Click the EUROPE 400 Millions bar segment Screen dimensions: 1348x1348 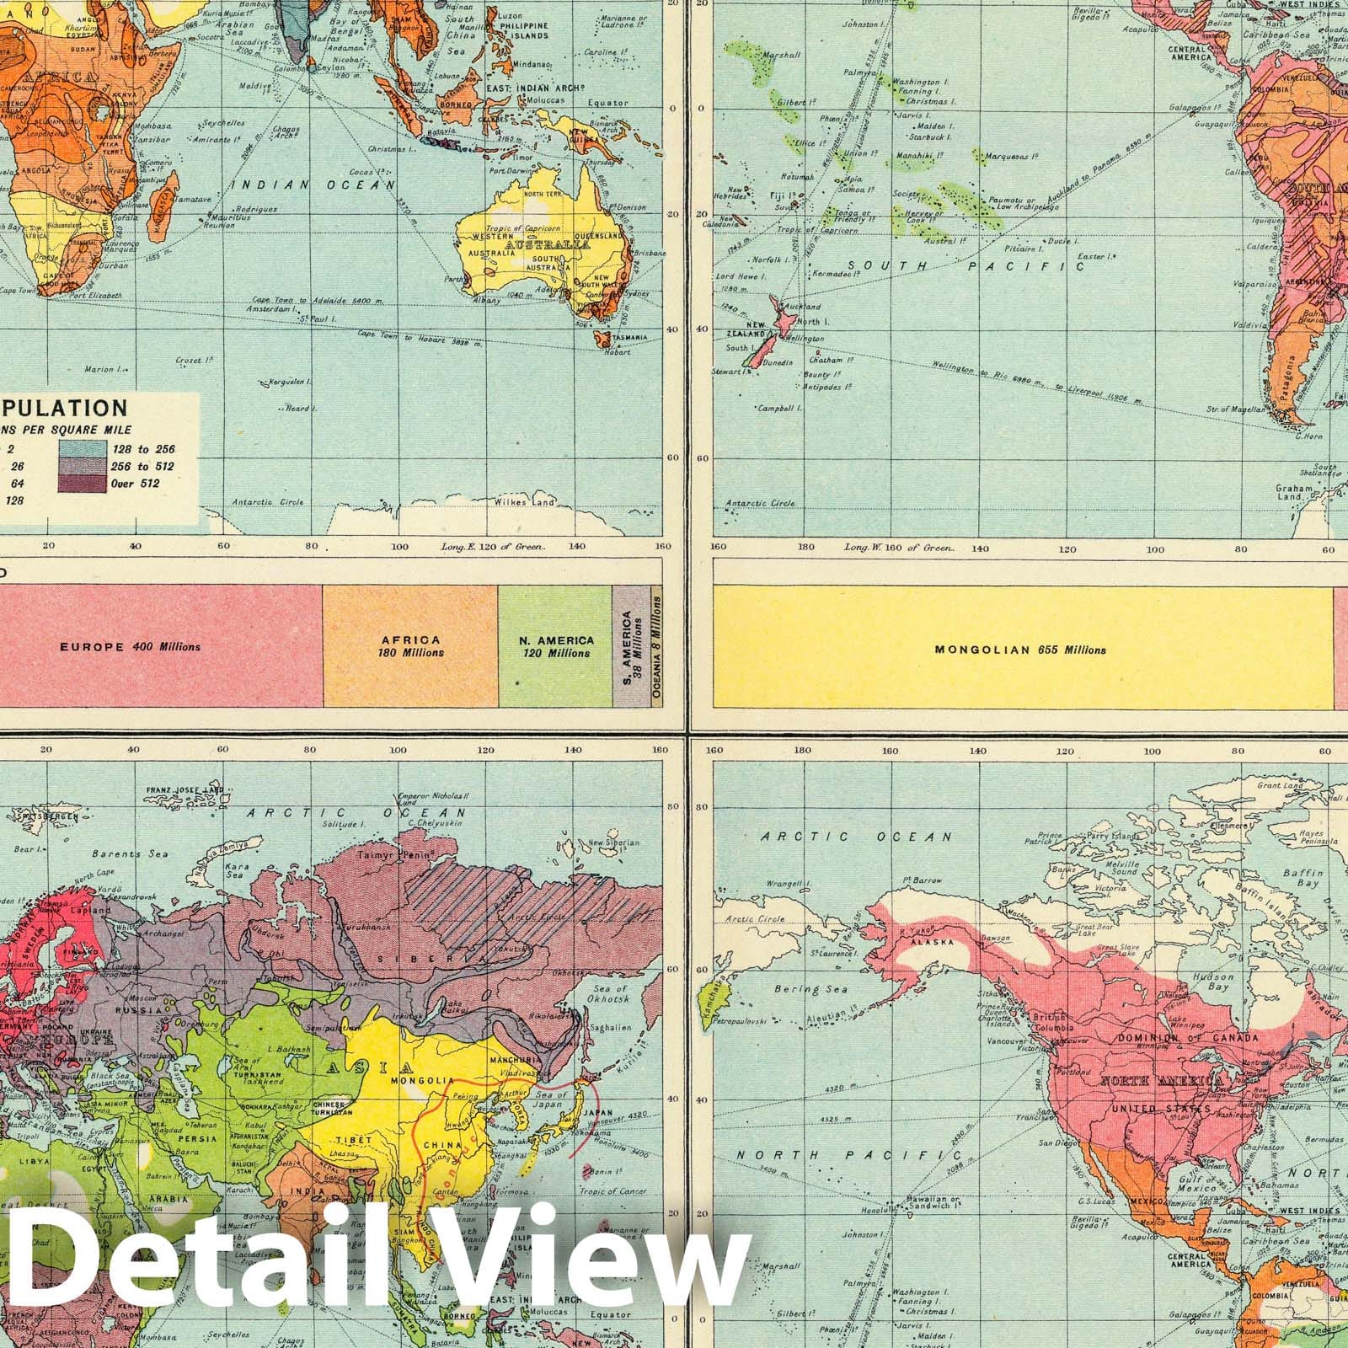131,647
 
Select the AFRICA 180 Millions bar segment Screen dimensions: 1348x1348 410,647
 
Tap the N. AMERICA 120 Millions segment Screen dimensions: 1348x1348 555,647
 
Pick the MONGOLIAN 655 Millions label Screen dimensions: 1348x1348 1020,650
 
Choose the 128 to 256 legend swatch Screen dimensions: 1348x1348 81,449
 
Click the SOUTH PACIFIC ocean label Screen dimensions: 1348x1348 965,266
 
